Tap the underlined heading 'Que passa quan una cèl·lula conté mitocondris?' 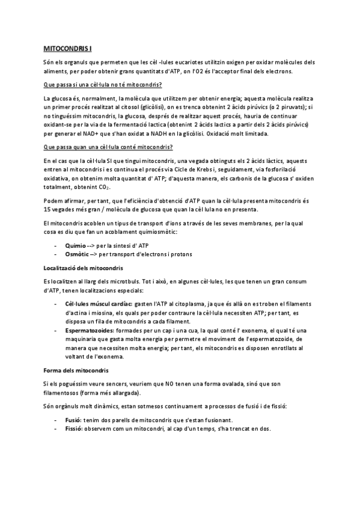coord(108,148)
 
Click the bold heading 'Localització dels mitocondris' coord(84,266)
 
